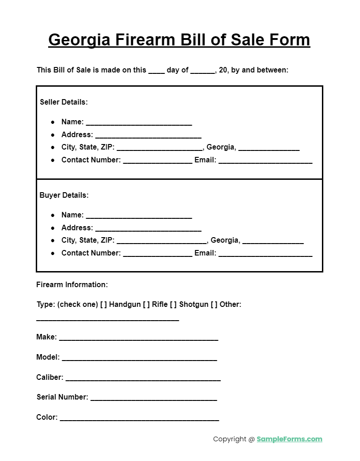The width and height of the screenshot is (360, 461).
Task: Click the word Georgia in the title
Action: pyautogui.click(x=79, y=40)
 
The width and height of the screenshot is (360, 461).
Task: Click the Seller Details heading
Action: pyautogui.click(x=64, y=102)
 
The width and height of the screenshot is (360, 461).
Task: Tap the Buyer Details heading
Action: pyautogui.click(x=64, y=195)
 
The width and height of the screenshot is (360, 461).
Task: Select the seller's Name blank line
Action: pyautogui.click(x=138, y=123)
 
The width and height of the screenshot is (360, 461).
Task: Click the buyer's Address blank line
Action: pyautogui.click(x=148, y=229)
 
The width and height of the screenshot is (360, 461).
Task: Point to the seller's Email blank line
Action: pyautogui.click(x=265, y=161)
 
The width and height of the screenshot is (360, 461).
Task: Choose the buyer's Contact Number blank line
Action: pyautogui.click(x=157, y=254)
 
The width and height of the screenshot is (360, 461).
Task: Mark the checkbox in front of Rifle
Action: pyautogui.click(x=146, y=304)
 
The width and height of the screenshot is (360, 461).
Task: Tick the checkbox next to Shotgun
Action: pyautogui.click(x=173, y=304)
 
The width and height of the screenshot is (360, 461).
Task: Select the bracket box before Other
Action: pyautogui.click(x=214, y=304)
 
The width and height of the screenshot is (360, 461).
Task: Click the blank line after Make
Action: pyautogui.click(x=138, y=339)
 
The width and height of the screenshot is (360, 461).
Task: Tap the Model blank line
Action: pyautogui.click(x=139, y=359)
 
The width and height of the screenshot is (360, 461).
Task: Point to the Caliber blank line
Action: pyautogui.click(x=143, y=379)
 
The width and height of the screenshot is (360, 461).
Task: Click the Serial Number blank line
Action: pyautogui.click(x=153, y=399)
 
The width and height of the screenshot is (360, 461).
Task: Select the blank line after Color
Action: pyautogui.click(x=139, y=419)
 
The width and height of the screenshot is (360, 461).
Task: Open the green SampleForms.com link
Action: pyautogui.click(x=289, y=439)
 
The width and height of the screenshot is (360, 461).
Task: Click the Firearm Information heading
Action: pyautogui.click(x=72, y=284)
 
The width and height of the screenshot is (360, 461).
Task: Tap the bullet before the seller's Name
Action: pyautogui.click(x=53, y=122)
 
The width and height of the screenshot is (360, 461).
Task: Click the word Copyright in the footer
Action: pyautogui.click(x=229, y=439)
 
